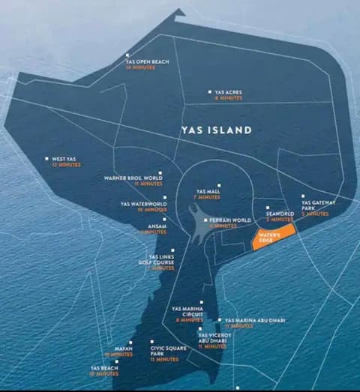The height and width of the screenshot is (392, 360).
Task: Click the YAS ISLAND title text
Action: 216,130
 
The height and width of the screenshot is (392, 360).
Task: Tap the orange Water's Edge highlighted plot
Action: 271,239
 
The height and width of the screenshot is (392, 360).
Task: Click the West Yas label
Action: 64,159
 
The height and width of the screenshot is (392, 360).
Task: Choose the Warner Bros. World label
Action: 133,178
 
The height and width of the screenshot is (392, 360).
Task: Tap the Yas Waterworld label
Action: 143,203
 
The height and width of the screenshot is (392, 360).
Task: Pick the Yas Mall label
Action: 208,192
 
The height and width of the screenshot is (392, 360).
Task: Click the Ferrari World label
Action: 231,220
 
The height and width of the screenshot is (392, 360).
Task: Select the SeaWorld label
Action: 280,214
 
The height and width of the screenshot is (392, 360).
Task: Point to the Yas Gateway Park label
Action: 318,205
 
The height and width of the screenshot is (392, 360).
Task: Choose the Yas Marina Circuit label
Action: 187,311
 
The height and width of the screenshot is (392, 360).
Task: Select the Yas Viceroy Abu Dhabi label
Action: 212,339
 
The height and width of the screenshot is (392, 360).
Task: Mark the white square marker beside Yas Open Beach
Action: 128,55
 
